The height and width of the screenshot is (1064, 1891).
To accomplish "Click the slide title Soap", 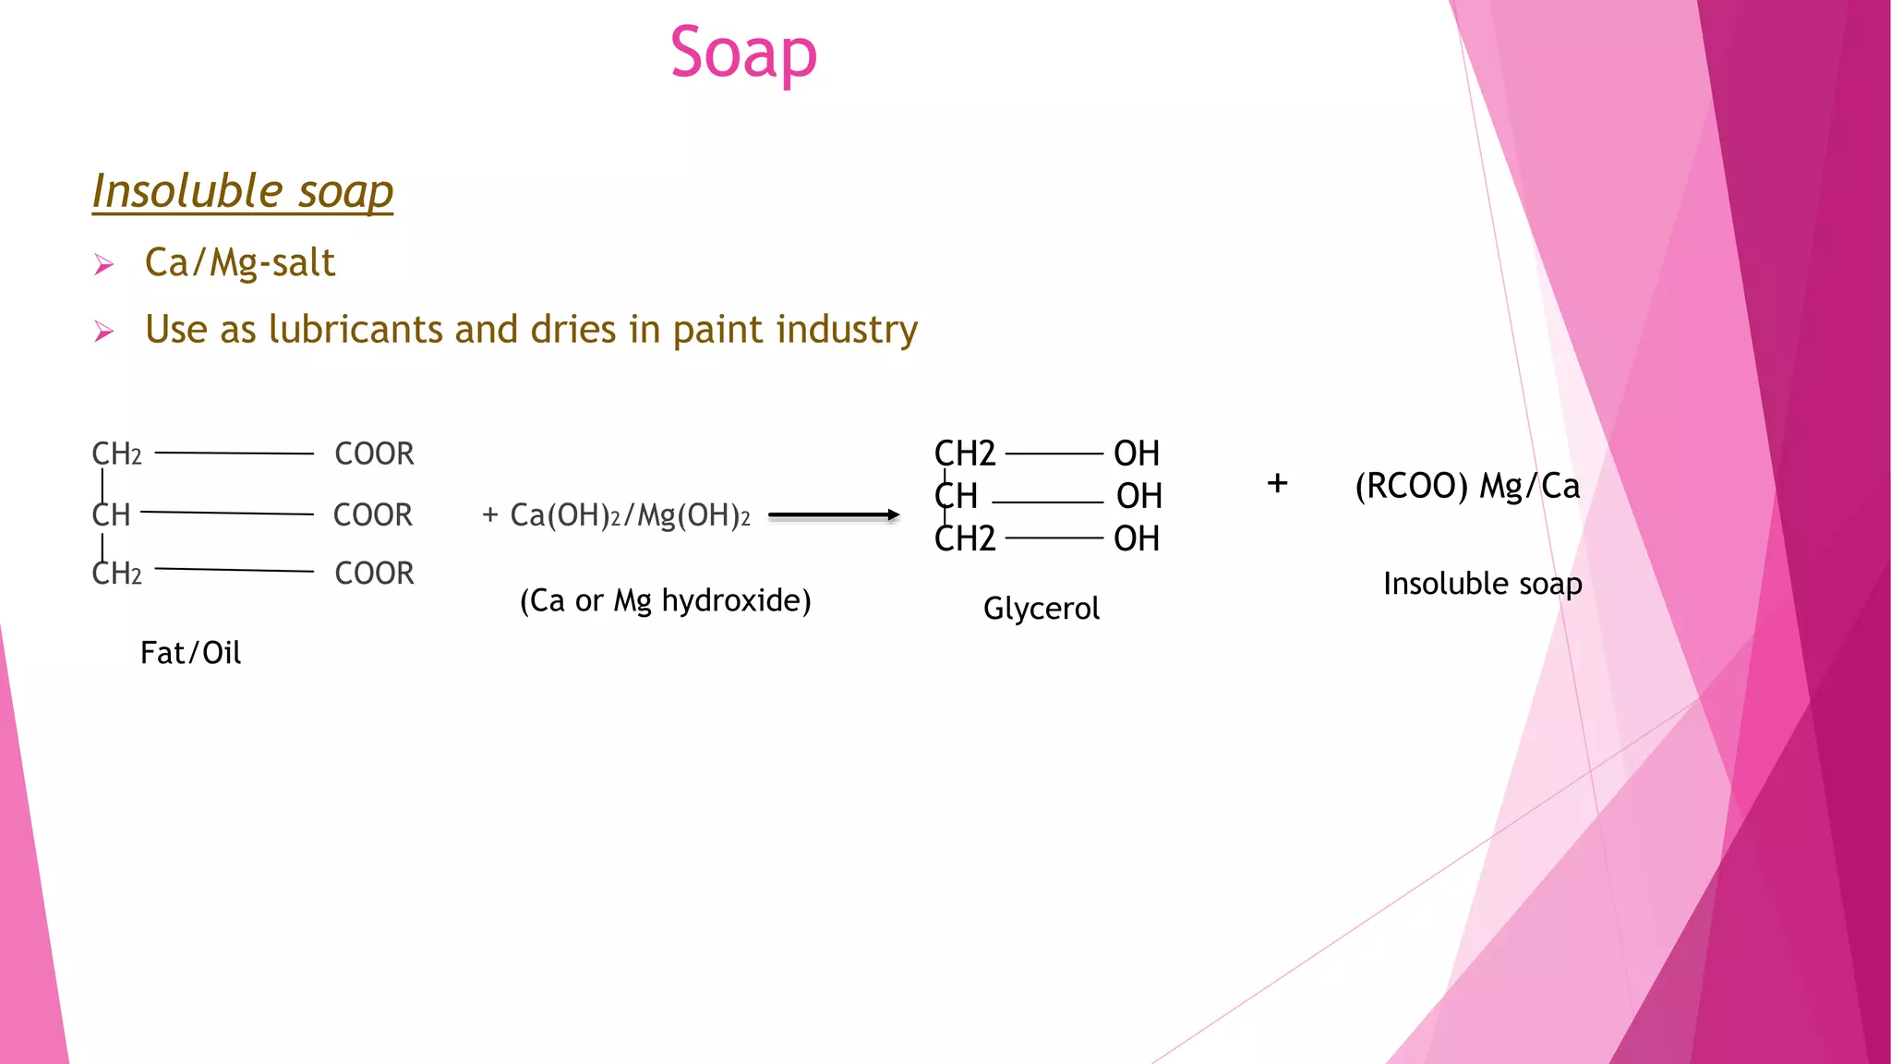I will click(x=743, y=54).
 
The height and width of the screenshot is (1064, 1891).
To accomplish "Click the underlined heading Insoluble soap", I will click(x=243, y=191).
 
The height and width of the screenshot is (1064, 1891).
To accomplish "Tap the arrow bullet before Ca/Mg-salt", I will click(x=103, y=266).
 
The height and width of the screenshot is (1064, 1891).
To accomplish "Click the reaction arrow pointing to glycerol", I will click(x=833, y=515).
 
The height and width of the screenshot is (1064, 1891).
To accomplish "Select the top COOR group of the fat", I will click(x=374, y=454).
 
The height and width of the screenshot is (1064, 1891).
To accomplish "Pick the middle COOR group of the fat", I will click(x=372, y=515).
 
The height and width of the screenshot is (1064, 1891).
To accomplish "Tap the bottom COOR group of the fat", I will click(x=374, y=574).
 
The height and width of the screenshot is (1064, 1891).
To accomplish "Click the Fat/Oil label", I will click(x=190, y=653).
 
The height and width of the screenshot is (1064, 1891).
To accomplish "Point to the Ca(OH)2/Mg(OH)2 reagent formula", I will click(x=630, y=515).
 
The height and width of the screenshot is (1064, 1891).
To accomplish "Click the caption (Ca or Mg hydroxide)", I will click(x=665, y=601).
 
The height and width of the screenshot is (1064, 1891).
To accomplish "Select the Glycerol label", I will click(x=1041, y=609).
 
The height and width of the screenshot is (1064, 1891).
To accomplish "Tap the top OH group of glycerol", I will click(x=1136, y=454).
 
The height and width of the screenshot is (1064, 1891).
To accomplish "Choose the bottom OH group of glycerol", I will click(x=1136, y=539).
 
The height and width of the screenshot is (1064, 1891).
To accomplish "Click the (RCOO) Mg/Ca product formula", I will click(x=1466, y=486).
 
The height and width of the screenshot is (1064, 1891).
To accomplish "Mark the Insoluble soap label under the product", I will click(x=1482, y=584).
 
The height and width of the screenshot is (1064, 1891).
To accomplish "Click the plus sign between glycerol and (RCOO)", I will click(x=1277, y=483).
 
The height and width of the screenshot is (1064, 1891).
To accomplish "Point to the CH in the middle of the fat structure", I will click(x=112, y=515).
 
